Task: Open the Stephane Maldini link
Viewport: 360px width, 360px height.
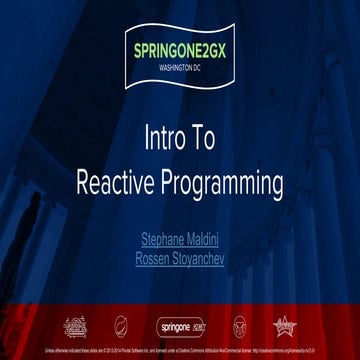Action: pos(180,239)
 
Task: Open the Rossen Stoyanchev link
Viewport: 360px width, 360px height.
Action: pos(180,258)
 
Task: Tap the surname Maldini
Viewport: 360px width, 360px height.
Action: pos(207,239)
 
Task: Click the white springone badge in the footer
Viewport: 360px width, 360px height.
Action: pos(180,326)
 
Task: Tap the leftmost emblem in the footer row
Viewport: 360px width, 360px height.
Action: pos(75,326)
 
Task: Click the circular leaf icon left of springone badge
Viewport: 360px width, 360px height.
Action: pos(120,326)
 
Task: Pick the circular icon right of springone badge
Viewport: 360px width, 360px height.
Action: pos(239,326)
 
